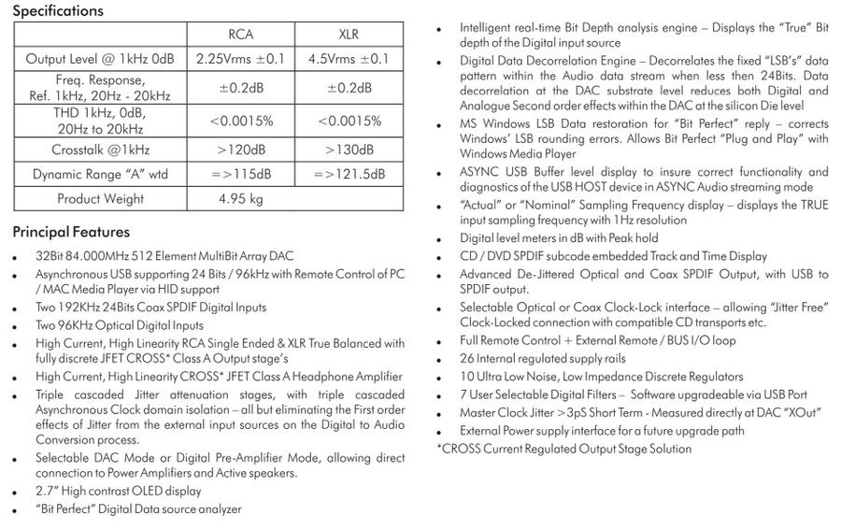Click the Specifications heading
58,12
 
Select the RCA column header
241,36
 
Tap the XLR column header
347,36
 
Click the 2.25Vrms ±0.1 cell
241,58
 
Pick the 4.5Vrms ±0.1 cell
348,58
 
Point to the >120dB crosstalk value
241,149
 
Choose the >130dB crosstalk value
348,149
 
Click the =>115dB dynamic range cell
241,174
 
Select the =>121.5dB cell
349,174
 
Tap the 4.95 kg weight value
240,198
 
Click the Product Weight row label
100,198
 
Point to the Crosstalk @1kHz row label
100,149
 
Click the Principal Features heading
71,232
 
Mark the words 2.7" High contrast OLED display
118,490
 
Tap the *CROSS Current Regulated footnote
564,449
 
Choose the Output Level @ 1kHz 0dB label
100,58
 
